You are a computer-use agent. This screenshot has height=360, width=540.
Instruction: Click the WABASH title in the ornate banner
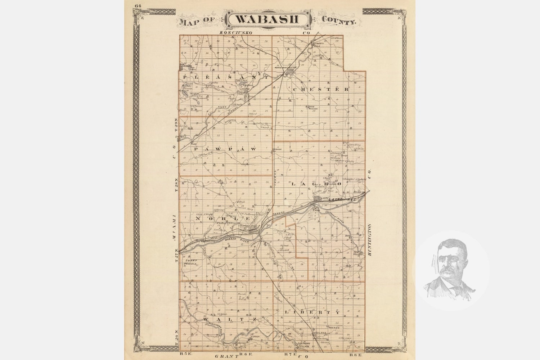pyautogui.click(x=267, y=19)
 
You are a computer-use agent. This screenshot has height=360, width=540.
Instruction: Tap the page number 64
pyautogui.click(x=137, y=5)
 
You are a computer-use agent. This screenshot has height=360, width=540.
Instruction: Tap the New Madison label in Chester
pyautogui.click(x=314, y=108)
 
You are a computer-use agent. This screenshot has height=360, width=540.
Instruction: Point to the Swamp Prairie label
pyautogui.click(x=190, y=262)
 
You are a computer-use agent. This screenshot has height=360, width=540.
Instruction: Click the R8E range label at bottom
pyautogui.click(x=354, y=355)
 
